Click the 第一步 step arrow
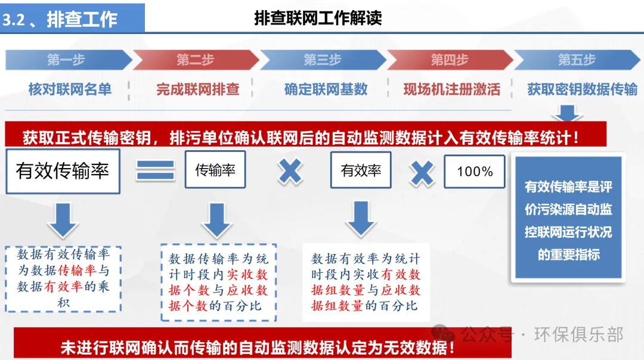pyautogui.click(x=67, y=60)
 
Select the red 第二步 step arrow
pyautogui.click(x=195, y=60)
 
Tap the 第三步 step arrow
pyautogui.click(x=323, y=60)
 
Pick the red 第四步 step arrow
pyautogui.click(x=450, y=60)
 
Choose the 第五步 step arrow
pyautogui.click(x=577, y=60)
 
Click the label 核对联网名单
pyautogui.click(x=70, y=89)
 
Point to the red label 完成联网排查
pyautogui.click(x=198, y=89)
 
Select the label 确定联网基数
pyautogui.click(x=326, y=89)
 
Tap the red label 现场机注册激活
pyautogui.click(x=451, y=89)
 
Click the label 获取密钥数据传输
pyautogui.click(x=582, y=89)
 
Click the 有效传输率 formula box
pyautogui.click(x=63, y=171)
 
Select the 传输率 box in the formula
pyautogui.click(x=215, y=170)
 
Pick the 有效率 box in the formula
pyautogui.click(x=361, y=170)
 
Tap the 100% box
pyautogui.click(x=475, y=172)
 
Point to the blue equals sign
pyautogui.click(x=155, y=171)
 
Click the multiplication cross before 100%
pyautogui.click(x=422, y=172)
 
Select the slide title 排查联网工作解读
pyautogui.click(x=318, y=18)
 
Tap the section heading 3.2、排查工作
pyautogui.click(x=60, y=19)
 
